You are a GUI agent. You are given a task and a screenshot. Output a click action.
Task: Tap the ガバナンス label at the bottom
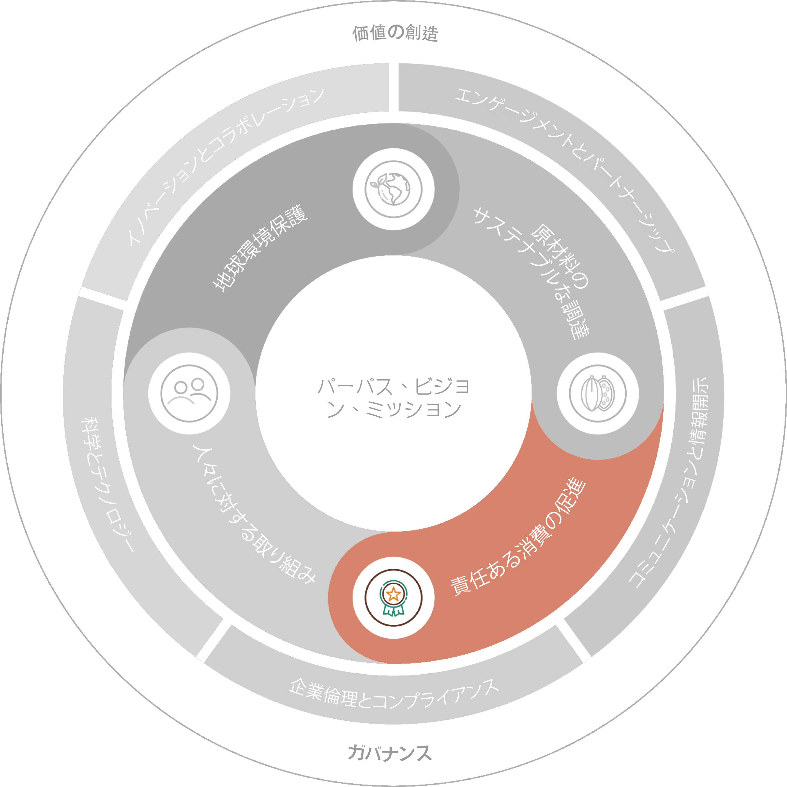(390, 753)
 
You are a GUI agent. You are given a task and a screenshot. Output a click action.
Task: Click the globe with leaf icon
(393, 189)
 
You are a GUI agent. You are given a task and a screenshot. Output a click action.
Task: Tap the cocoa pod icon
(598, 393)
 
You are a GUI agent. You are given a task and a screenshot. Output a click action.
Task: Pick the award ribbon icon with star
(393, 598)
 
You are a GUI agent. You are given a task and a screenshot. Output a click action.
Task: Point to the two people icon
(189, 393)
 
